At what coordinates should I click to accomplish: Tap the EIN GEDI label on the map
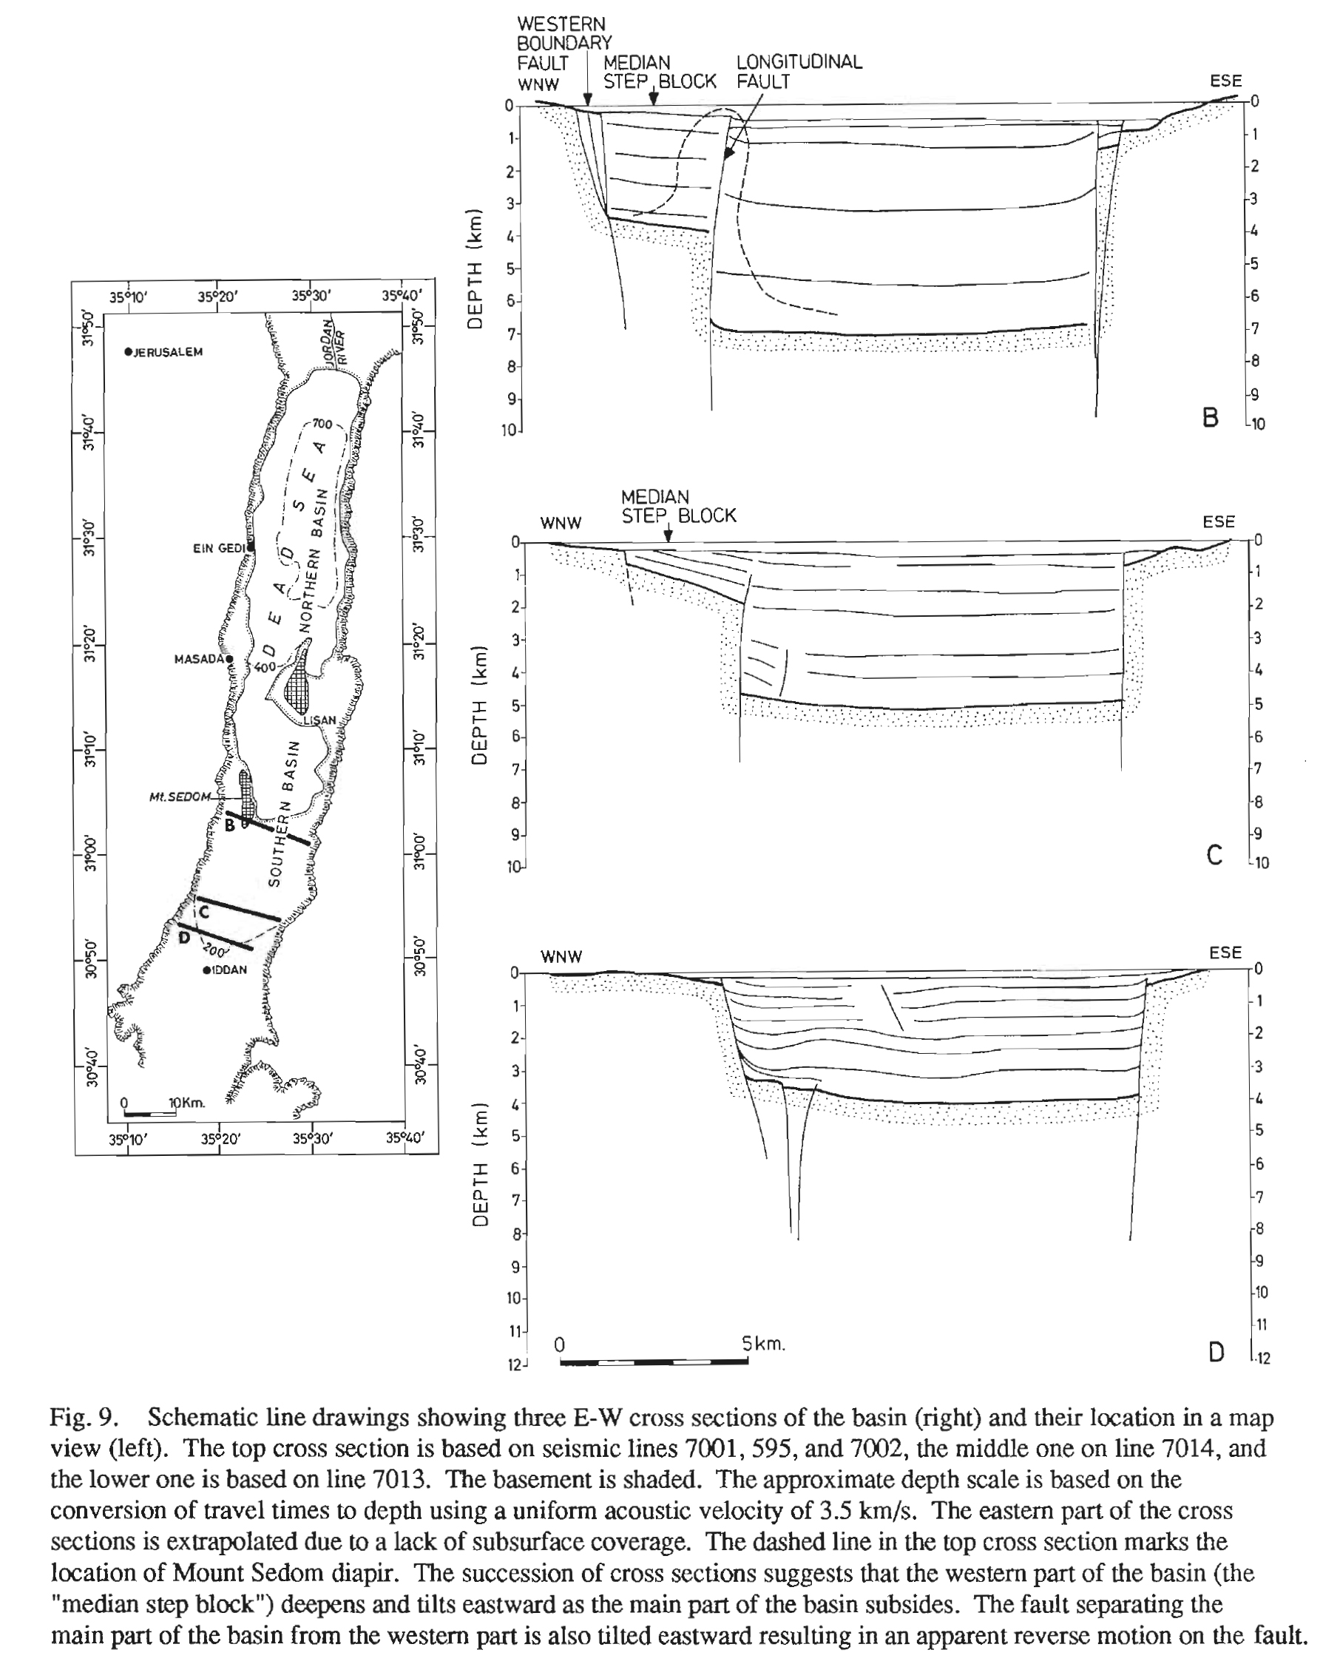tap(218, 548)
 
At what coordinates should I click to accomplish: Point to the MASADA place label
tap(198, 659)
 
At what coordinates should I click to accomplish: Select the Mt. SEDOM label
tap(179, 797)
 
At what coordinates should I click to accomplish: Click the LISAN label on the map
tap(319, 720)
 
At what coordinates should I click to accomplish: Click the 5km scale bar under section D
tap(654, 1362)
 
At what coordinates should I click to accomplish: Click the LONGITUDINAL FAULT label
tap(798, 72)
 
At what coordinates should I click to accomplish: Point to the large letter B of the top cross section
tap(1211, 418)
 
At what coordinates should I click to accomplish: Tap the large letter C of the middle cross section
tap(1214, 855)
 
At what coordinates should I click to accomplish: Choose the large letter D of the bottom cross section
tap(1216, 1352)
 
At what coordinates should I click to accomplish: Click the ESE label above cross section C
tap(1218, 521)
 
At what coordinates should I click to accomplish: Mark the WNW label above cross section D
tap(561, 957)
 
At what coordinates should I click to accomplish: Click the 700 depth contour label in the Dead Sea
tap(322, 424)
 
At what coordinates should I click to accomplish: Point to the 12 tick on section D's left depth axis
tap(515, 1364)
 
